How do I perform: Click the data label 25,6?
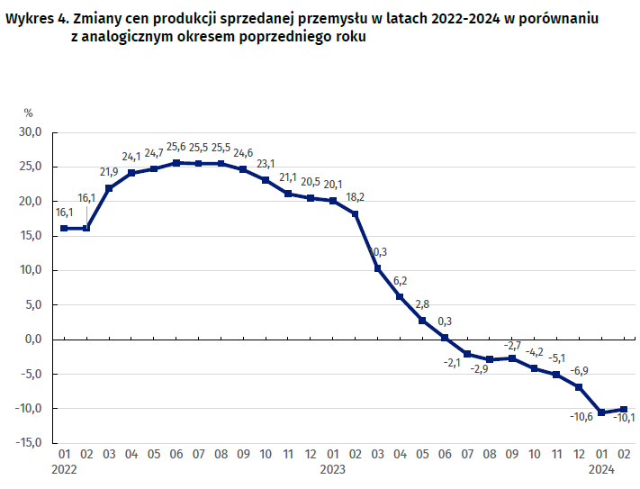coord(176,148)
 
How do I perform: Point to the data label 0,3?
coord(445,321)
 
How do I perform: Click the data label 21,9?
coord(109,172)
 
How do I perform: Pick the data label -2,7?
coord(512,345)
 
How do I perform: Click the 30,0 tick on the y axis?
coord(32,132)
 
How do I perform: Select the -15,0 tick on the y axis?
coord(30,442)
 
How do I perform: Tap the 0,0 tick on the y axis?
coord(34,339)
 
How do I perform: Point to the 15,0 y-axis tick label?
coord(32,236)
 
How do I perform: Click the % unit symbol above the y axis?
coord(28,113)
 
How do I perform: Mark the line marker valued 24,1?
coord(131,173)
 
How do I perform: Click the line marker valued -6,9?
coord(579,387)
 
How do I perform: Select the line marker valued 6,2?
coord(400,296)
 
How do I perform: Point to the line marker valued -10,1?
coord(624,409)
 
